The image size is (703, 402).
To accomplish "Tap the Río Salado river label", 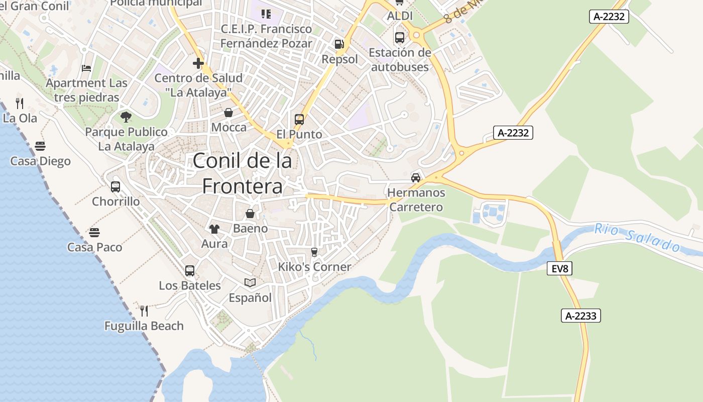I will click(637, 237).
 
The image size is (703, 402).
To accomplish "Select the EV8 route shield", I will click(559, 269).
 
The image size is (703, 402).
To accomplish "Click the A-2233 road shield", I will click(580, 316).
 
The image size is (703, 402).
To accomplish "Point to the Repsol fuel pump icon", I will click(339, 45).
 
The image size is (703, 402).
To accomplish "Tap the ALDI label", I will click(400, 16).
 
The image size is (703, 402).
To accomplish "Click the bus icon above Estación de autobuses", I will click(400, 38).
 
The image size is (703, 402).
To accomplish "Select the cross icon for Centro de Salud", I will click(198, 63).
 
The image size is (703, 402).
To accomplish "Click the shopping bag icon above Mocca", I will click(228, 113).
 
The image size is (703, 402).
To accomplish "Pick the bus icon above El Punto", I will click(299, 120).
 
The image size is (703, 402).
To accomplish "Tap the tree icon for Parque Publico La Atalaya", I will click(126, 117).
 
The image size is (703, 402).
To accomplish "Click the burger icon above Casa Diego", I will click(40, 146).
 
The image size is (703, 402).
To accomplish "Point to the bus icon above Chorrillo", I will click(115, 187).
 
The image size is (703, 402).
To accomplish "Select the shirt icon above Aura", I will click(214, 229).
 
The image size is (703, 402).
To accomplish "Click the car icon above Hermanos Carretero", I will click(416, 177).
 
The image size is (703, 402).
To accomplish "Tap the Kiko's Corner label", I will click(315, 267).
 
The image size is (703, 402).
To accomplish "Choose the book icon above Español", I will click(250, 283).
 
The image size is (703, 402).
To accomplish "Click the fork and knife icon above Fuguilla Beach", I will click(144, 311).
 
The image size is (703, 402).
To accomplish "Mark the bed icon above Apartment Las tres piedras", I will click(86, 68).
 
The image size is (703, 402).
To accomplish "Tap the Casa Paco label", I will click(95, 247).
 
